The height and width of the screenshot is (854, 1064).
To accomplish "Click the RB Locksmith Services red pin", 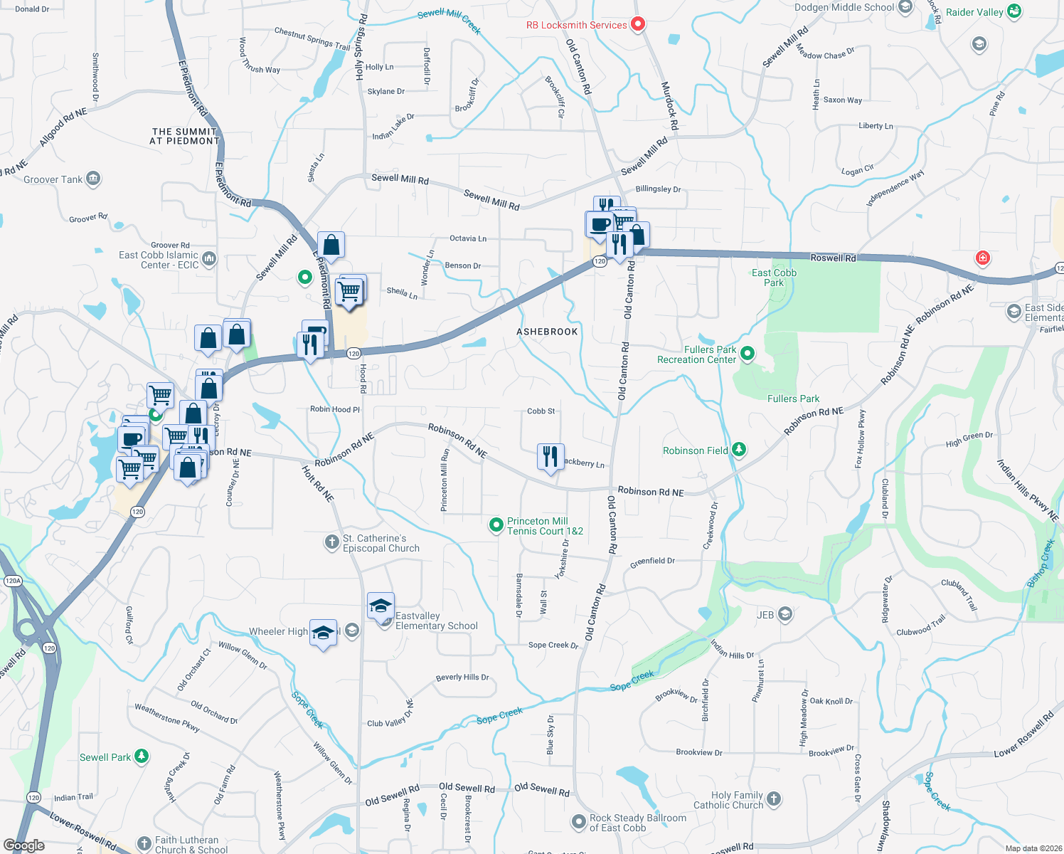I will point(638,24).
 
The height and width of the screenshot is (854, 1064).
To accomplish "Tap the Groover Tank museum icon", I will point(93,179).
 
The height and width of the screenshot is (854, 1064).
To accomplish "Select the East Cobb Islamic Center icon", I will point(208,258).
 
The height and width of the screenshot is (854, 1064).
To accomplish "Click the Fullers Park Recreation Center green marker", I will point(748,353).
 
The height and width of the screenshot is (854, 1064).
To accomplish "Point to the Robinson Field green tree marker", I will point(739,450).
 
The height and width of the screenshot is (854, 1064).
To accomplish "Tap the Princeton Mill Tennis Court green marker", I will point(496,525).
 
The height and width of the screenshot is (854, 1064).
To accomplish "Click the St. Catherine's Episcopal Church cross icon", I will point(331,542).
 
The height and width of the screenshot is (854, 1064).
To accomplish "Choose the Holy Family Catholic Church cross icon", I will point(774,799).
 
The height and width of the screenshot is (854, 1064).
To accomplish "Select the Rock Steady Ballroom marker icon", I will point(579,822).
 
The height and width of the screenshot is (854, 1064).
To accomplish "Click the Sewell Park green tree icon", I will point(142,757).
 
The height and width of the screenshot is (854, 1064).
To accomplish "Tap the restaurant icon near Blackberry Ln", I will point(550,457).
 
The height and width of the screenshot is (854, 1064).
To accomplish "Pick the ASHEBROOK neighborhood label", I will point(547,332).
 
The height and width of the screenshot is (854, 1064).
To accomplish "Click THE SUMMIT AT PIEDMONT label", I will point(184,136).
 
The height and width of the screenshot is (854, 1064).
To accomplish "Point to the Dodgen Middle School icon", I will point(905,7).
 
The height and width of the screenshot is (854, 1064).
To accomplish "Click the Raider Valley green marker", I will point(1014,11).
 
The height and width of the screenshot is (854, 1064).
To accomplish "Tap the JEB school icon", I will point(785,614).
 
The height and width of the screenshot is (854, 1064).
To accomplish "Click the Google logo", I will point(24,845).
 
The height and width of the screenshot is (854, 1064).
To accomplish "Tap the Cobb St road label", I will point(541,411).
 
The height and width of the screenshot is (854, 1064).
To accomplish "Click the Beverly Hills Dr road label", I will point(462,677).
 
